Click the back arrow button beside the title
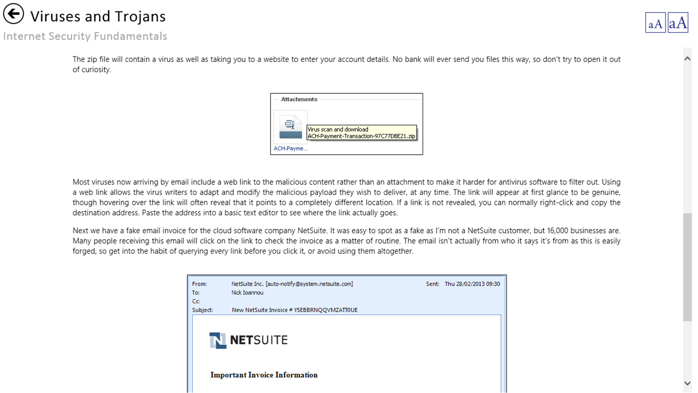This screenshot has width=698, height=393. [13, 14]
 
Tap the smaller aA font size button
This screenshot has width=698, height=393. [655, 23]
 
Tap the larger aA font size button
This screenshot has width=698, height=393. [678, 23]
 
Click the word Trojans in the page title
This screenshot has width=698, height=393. [135, 16]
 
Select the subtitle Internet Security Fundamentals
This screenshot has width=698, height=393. [85, 36]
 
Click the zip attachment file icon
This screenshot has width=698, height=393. [290, 127]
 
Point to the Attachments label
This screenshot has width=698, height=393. [299, 99]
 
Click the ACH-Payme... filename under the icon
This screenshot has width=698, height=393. [290, 148]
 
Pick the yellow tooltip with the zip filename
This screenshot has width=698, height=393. [361, 133]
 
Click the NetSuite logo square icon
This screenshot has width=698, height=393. [218, 340]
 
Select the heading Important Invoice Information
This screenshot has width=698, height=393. [264, 375]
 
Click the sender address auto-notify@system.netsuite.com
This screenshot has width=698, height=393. [309, 284]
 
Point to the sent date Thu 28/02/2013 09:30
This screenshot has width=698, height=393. [472, 284]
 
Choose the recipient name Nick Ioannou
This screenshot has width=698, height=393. [247, 293]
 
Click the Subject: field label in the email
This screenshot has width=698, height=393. [203, 310]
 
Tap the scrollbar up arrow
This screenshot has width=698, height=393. [688, 58]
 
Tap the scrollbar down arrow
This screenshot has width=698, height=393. [688, 384]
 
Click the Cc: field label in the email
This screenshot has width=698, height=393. [196, 302]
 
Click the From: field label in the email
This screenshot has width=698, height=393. [199, 284]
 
